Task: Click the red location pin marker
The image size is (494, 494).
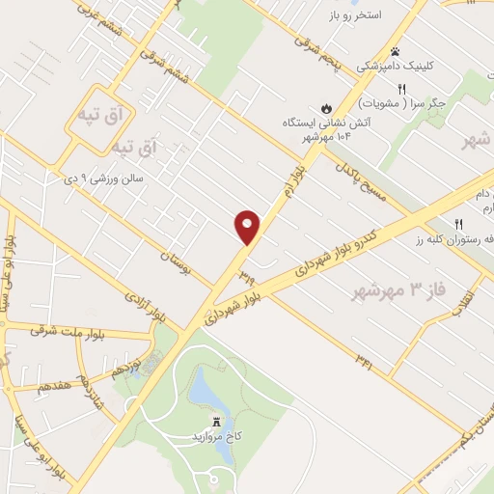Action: click(x=248, y=227)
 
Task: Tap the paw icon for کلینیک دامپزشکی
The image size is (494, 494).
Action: click(x=395, y=51)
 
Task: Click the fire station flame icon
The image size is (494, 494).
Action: click(x=326, y=107)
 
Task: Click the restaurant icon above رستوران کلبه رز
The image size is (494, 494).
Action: click(x=459, y=222)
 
